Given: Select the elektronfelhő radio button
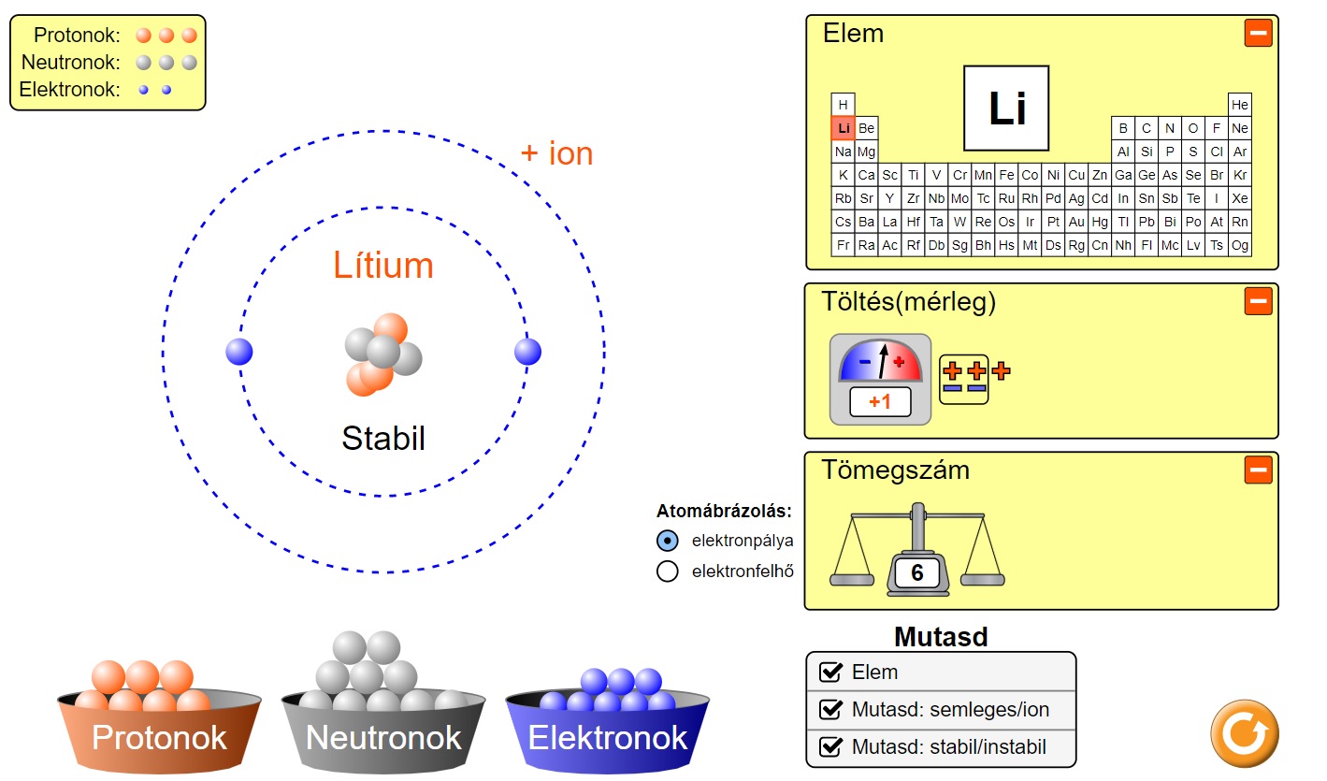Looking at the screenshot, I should (668, 571).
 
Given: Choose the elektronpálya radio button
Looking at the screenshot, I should (668, 540).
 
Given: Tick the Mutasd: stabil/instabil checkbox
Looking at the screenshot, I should (830, 746).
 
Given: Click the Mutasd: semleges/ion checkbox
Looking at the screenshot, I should (830, 709).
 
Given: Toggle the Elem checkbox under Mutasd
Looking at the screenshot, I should (830, 672).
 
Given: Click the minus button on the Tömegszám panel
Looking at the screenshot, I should (1258, 470).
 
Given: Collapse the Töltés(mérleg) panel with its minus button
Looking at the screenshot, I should (1258, 301).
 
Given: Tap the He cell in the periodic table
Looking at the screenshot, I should (1240, 105).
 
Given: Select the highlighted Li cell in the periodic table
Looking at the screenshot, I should (844, 128).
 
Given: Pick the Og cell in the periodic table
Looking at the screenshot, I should (1240, 245).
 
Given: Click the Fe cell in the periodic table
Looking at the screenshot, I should (1006, 175).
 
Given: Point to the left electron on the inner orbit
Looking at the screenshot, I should (239, 352).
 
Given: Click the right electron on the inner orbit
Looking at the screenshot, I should (527, 352).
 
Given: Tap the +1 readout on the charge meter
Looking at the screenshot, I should (880, 402).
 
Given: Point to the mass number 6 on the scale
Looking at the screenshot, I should (916, 572).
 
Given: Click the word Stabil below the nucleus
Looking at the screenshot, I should (383, 438).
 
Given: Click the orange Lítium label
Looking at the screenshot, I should (383, 266).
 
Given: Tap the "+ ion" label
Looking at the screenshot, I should (556, 153).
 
